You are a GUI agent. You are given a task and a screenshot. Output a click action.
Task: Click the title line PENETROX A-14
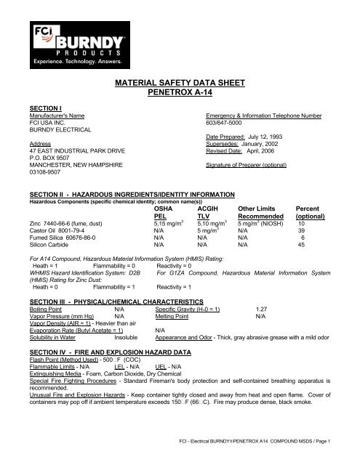click(179, 94)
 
